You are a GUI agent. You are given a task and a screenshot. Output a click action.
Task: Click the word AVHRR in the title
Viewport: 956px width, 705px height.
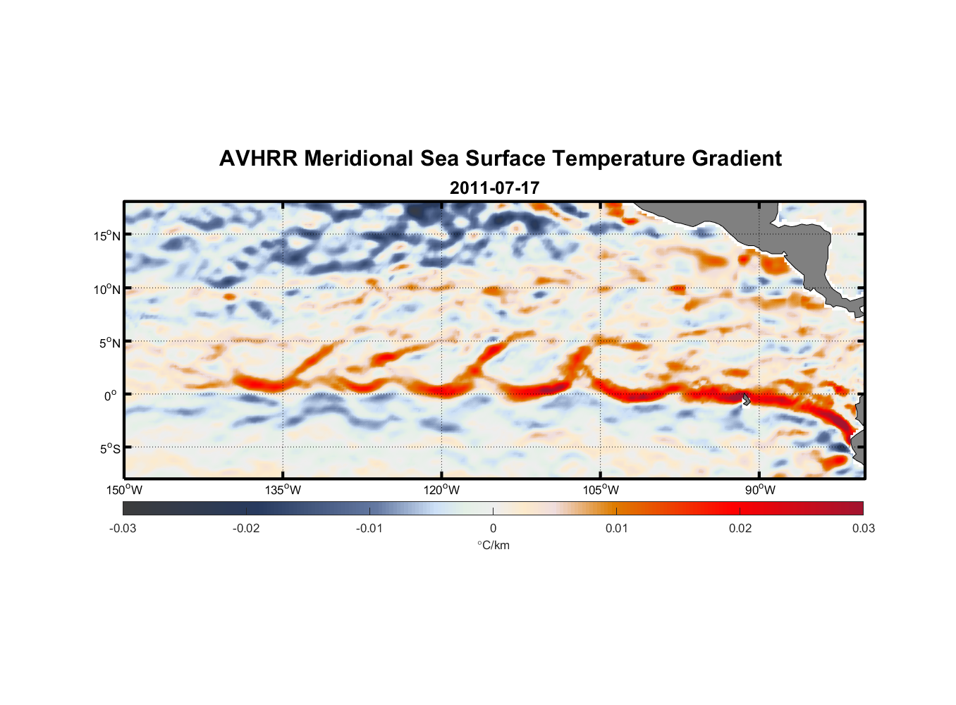[259, 159]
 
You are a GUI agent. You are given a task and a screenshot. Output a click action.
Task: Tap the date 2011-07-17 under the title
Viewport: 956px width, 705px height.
[494, 188]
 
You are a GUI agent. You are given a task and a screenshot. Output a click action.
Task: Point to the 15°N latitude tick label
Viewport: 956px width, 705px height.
[107, 235]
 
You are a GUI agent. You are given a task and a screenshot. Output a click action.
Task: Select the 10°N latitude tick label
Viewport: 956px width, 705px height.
[107, 289]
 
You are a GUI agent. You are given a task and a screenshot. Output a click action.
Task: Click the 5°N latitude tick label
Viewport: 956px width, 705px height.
[109, 343]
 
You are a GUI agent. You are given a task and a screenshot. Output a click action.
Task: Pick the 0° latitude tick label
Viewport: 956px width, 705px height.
[111, 396]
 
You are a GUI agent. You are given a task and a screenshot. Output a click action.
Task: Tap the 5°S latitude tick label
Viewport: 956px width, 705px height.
[109, 449]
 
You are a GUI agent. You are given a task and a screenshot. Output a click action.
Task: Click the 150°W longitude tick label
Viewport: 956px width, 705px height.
[124, 490]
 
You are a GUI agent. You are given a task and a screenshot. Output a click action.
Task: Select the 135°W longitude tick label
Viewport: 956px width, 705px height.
[283, 490]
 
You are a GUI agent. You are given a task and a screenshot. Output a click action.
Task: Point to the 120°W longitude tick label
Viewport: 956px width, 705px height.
[441, 490]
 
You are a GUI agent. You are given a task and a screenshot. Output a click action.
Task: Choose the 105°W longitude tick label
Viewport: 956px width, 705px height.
[601, 490]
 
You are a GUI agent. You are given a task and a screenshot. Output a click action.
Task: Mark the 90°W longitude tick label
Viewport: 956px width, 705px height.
[760, 490]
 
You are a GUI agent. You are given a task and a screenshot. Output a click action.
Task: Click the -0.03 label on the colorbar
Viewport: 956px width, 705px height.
[123, 528]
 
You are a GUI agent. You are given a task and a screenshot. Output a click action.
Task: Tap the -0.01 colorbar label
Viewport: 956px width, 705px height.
[369, 528]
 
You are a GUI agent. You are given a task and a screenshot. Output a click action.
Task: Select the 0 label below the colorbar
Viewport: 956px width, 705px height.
[493, 528]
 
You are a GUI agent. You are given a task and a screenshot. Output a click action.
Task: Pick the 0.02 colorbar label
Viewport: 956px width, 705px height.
[740, 528]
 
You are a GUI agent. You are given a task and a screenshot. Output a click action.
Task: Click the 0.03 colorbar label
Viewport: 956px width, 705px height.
[863, 528]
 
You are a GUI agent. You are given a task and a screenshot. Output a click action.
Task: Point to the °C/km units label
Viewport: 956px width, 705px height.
[494, 545]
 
